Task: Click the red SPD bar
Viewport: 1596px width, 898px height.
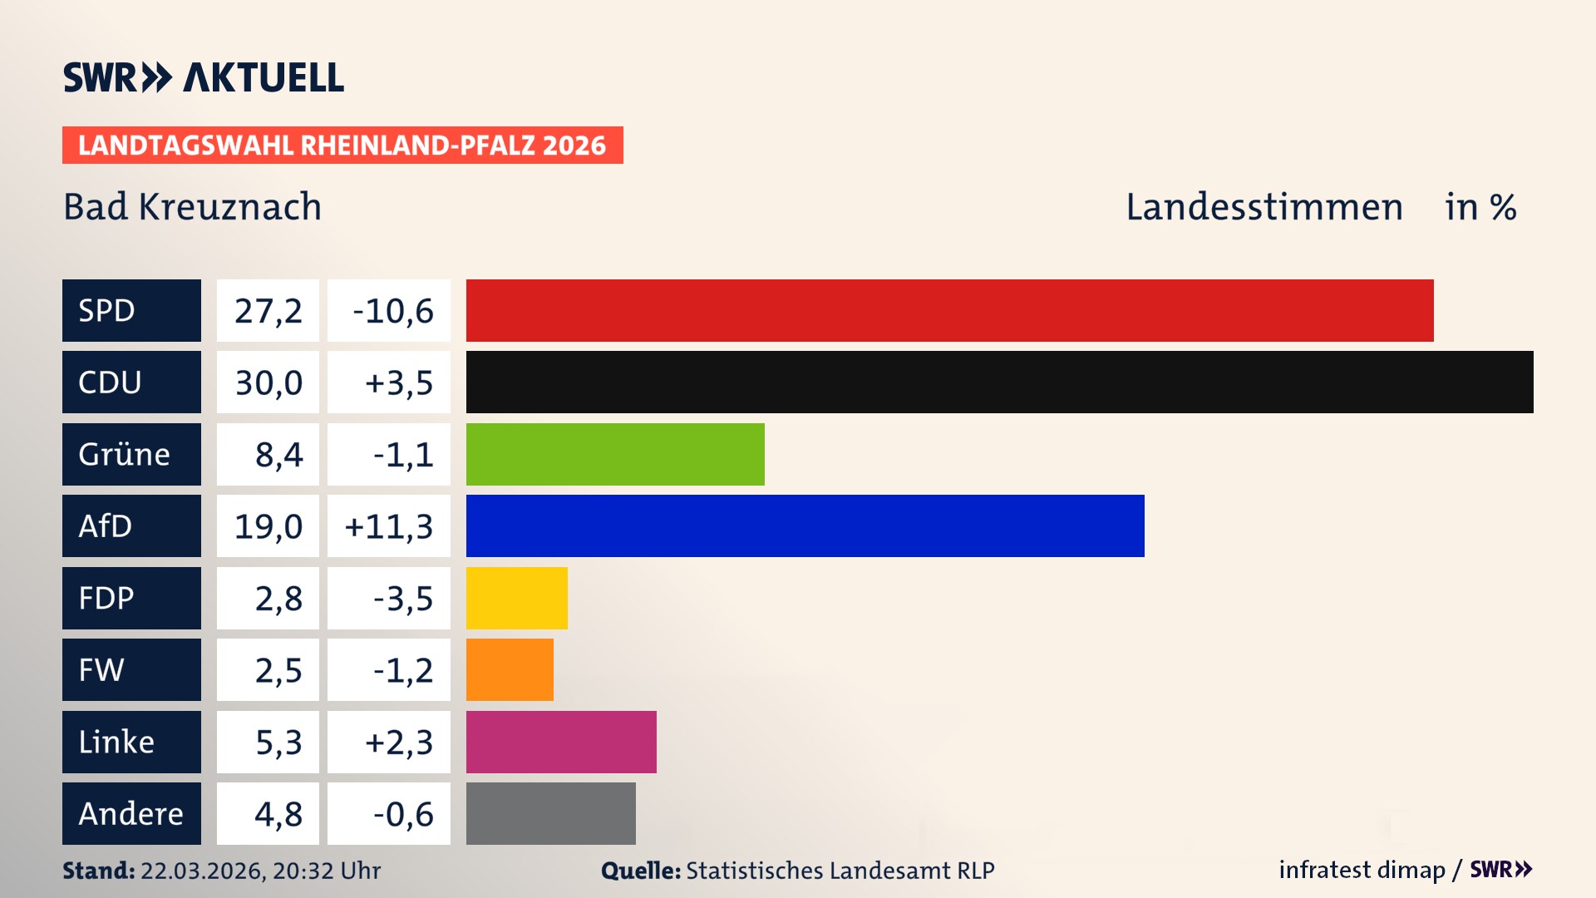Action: [949, 310]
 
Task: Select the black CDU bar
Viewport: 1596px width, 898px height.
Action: [999, 382]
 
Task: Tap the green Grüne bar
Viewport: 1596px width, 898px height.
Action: [615, 454]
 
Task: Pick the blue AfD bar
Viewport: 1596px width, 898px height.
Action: [805, 525]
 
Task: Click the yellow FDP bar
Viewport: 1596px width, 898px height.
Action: [516, 598]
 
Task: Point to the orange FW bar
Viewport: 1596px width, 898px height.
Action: [510, 669]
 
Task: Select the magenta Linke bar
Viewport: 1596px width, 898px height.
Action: [561, 742]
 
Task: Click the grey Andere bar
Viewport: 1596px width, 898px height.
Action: [550, 813]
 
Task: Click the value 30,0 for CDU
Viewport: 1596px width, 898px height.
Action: [268, 382]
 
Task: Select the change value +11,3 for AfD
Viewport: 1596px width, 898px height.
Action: [389, 526]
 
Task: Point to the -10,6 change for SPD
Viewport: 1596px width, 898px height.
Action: [392, 311]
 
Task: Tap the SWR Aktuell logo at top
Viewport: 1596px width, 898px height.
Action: [203, 77]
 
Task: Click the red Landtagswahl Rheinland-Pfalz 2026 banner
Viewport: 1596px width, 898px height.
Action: [342, 145]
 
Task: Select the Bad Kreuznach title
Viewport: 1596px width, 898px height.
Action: [192, 207]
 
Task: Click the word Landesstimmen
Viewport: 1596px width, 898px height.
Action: [1263, 207]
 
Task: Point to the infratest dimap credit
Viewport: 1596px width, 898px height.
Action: [1361, 870]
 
